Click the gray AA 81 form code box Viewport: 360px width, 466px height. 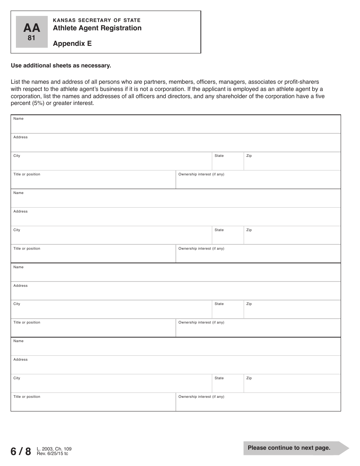point(32,32)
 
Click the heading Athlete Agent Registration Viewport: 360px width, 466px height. point(97,28)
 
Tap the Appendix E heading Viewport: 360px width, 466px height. point(72,43)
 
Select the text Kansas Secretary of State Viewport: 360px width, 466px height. point(97,20)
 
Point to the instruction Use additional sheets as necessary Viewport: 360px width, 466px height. point(61,66)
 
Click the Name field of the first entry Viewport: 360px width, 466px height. point(175,126)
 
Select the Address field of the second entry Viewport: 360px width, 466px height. point(175,219)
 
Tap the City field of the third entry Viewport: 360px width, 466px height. point(111,311)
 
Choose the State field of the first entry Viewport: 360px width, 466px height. point(227,163)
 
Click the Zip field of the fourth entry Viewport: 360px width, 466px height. point(292,385)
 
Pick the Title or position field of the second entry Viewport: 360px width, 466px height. point(93,256)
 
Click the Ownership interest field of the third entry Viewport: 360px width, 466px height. point(258,330)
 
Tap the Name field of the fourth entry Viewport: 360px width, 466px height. point(175,348)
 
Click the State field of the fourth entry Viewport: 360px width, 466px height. point(227,385)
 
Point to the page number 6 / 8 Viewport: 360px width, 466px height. point(21,451)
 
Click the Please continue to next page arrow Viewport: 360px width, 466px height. point(296,448)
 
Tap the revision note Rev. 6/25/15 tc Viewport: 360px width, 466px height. point(52,453)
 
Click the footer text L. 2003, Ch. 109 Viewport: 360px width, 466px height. point(54,449)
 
